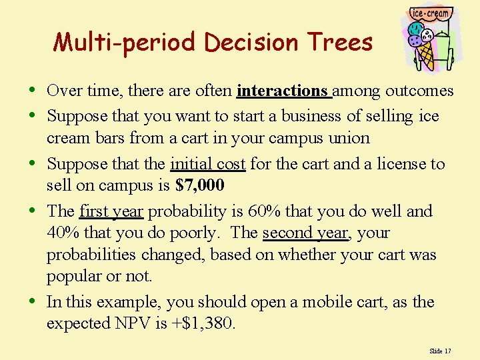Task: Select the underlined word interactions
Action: (283, 91)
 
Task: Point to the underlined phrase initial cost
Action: (208, 164)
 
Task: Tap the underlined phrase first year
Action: (111, 211)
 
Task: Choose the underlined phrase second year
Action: (305, 233)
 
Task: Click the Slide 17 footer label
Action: (440, 351)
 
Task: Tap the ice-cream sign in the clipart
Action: (431, 13)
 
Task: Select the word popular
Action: (73, 276)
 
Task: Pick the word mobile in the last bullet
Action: (327, 302)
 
